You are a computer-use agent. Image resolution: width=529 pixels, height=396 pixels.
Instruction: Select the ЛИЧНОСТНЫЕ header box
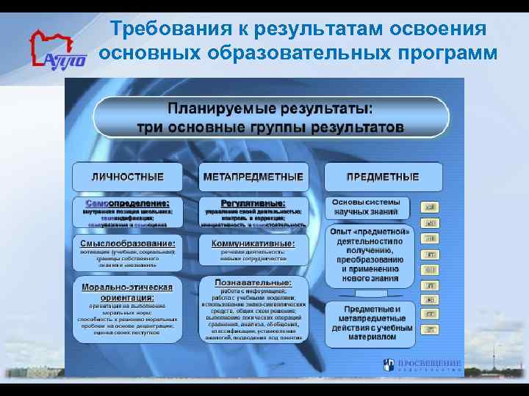pos(127,177)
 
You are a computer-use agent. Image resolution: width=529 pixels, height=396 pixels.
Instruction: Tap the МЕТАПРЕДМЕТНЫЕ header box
pos(253,177)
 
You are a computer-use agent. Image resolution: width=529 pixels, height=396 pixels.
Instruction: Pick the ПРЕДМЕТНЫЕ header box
pos(383,177)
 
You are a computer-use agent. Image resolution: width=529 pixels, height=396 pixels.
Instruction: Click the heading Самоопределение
pos(127,202)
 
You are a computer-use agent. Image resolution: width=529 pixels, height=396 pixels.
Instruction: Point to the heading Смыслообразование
pos(127,243)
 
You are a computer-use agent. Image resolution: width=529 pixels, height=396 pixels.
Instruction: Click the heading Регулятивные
pos(253,202)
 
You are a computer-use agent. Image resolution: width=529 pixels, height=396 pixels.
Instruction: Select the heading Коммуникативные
pos(253,243)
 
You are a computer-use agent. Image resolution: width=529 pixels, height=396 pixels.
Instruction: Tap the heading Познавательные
pos(253,282)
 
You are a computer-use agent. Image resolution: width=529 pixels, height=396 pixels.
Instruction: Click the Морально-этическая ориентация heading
pos(127,292)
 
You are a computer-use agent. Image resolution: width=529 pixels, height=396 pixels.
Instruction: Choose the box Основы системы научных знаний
pos(367,207)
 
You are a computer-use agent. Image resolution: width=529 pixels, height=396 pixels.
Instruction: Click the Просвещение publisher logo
pos(423,364)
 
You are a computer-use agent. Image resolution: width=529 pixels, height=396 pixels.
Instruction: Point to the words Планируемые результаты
pos(270,109)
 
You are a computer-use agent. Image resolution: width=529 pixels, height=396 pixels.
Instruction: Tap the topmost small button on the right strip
pos(431,207)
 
